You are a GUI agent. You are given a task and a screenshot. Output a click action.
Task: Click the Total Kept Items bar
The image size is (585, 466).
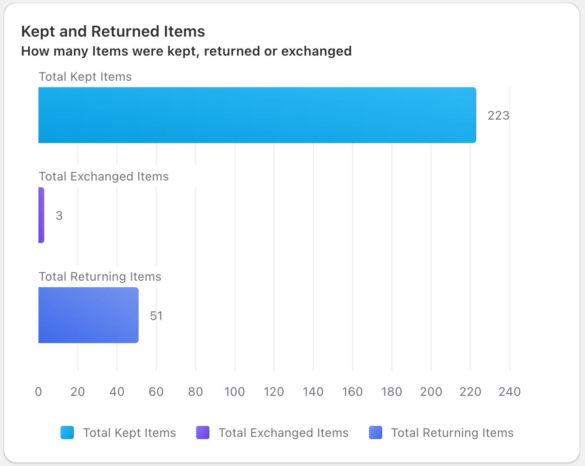[x=257, y=115]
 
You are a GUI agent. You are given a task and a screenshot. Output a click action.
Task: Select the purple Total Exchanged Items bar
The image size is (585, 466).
[x=41, y=215]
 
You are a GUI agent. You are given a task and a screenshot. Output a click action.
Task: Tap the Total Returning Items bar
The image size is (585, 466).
[x=88, y=315]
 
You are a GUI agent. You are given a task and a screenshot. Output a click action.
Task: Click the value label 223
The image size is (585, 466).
[x=498, y=116]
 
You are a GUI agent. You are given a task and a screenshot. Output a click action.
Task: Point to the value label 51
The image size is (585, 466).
[x=156, y=316]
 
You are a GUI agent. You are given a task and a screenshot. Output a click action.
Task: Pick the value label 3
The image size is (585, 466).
[x=59, y=216]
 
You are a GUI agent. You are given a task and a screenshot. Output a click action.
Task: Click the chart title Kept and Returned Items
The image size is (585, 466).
[x=113, y=32]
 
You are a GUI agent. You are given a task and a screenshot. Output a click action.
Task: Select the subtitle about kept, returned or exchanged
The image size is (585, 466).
[x=186, y=51]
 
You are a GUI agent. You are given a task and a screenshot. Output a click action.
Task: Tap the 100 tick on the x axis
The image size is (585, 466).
[x=235, y=391]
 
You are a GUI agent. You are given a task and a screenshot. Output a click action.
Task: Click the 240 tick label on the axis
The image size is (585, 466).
[x=509, y=391]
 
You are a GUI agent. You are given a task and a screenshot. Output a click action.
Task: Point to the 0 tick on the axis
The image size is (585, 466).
[x=38, y=391]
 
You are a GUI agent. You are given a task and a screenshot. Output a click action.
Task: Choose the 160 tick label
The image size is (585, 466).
[x=353, y=391]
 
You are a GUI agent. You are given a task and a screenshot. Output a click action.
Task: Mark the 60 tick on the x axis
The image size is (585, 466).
[x=156, y=391]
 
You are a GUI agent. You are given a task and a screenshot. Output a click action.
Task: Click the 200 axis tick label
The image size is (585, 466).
[x=431, y=391]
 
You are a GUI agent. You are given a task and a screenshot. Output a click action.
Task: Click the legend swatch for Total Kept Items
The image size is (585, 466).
[x=67, y=432]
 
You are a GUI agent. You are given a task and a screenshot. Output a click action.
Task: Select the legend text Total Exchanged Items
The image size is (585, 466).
[x=283, y=433]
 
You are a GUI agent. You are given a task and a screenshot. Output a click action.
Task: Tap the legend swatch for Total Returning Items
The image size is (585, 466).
[x=375, y=432]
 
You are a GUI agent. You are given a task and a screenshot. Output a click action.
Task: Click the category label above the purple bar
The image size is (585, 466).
[x=104, y=177]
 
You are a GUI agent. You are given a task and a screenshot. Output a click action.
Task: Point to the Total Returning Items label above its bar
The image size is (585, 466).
[x=100, y=277]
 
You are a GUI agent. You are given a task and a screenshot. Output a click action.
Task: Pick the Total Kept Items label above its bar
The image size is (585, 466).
[x=85, y=77]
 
